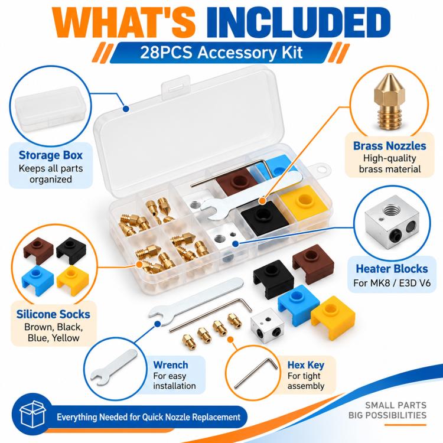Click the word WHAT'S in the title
(x=124, y=22)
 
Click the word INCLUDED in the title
(x=299, y=22)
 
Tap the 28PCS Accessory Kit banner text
(x=221, y=52)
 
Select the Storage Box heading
(x=51, y=155)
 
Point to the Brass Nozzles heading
(x=390, y=146)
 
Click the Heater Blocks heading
(x=392, y=269)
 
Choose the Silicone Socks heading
(x=53, y=314)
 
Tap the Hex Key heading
(x=306, y=365)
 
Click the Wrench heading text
(x=171, y=365)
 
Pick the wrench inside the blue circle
(x=113, y=367)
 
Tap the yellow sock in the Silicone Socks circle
(x=73, y=280)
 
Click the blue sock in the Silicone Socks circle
(x=38, y=280)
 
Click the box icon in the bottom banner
(x=32, y=415)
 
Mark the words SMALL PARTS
(x=396, y=405)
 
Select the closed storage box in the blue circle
(x=50, y=109)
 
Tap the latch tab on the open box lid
(x=175, y=87)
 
